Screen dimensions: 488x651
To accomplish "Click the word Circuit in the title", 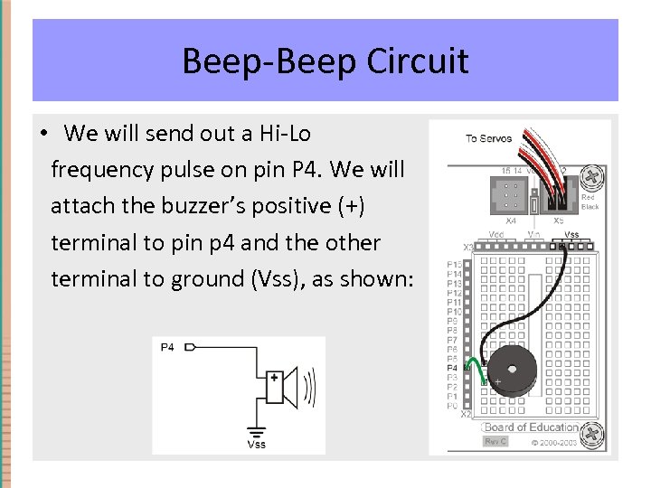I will point(418,61).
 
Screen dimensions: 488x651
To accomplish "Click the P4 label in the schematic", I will point(167,347).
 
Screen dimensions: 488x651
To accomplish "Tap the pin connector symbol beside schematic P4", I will point(190,347).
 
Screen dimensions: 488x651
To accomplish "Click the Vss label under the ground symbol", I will point(257,445).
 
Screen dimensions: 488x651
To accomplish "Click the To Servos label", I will point(488,139).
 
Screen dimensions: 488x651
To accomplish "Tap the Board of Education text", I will point(532,427).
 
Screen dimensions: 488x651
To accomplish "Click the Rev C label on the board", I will point(495,441).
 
